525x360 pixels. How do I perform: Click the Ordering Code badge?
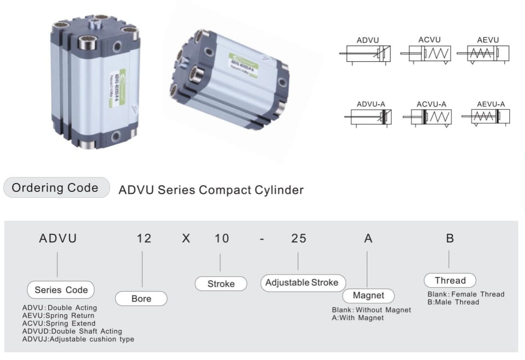[56, 188]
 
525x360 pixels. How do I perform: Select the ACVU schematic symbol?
[426, 53]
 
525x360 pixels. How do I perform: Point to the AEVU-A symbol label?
[490, 104]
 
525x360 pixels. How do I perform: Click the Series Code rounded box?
[61, 290]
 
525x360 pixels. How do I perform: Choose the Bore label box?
[141, 299]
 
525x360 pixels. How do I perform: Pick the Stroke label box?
[221, 284]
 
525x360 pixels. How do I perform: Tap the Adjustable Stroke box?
[302, 283]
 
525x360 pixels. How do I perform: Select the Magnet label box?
[368, 295]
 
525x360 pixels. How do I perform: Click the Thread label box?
[450, 280]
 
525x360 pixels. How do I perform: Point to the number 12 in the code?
[144, 238]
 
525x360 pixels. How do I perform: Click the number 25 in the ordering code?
[298, 238]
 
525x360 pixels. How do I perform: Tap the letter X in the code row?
[186, 238]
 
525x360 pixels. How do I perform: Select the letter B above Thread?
[450, 238]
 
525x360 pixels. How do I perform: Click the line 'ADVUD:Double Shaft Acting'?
[72, 331]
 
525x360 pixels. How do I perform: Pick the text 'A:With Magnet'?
[358, 318]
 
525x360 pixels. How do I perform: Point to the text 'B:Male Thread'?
[453, 302]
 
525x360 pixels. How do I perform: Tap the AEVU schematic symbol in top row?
[488, 53]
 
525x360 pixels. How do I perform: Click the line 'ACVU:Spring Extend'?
[59, 324]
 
